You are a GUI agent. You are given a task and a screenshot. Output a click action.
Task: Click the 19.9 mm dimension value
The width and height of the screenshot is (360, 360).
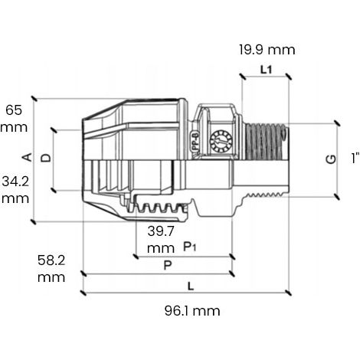(x=267, y=50)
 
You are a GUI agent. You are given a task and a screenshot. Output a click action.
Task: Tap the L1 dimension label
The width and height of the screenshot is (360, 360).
(x=267, y=70)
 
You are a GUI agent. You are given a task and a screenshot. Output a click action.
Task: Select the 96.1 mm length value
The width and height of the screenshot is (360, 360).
(x=192, y=311)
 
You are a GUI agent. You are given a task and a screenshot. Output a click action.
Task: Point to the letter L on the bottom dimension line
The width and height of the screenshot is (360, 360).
(x=191, y=286)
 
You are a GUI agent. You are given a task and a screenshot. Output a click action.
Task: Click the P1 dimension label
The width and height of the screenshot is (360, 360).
(x=190, y=247)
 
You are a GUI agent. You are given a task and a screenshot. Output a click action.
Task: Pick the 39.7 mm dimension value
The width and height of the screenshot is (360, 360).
(x=161, y=240)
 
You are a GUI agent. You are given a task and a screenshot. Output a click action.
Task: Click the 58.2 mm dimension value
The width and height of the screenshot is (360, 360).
(x=51, y=269)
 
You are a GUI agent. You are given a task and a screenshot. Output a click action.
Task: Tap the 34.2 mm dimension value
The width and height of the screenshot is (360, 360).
(x=15, y=190)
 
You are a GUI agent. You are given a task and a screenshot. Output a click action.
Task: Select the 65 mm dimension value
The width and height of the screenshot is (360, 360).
(x=14, y=119)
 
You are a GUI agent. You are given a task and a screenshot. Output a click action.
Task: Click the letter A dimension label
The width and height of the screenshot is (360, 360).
(x=28, y=157)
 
